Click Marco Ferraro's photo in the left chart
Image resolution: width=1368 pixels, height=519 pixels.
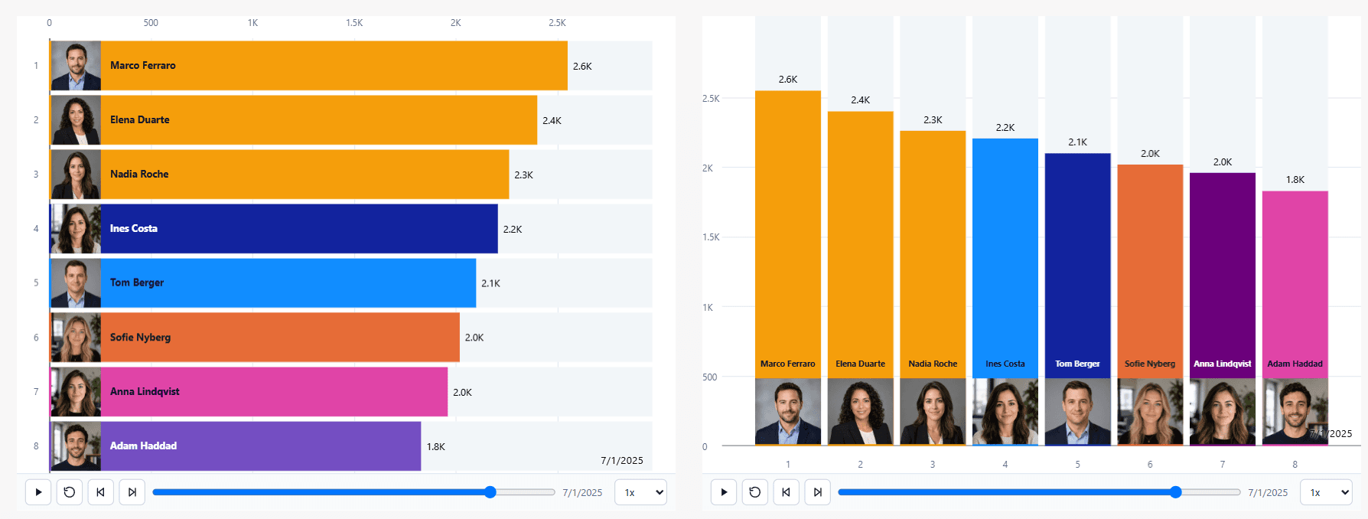(76, 66)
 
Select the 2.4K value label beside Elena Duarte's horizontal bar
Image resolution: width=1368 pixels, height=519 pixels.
(552, 121)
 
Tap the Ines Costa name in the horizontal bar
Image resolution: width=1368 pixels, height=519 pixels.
(134, 228)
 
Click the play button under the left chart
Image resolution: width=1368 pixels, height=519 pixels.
(38, 492)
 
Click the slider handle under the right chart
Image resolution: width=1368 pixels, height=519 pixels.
(1176, 492)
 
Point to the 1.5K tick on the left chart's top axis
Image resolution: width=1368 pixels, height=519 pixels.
(354, 23)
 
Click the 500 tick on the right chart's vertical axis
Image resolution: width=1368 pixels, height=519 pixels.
(710, 377)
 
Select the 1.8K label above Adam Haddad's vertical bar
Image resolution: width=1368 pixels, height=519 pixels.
(1295, 180)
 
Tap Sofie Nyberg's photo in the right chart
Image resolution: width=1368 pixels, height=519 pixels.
(1150, 412)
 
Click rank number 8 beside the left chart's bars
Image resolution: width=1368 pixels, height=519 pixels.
(36, 446)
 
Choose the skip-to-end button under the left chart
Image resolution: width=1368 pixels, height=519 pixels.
(132, 492)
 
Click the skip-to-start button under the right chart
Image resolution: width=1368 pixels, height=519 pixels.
(786, 492)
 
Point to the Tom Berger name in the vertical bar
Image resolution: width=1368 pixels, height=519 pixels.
(1077, 364)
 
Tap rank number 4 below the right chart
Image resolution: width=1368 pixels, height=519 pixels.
(1005, 465)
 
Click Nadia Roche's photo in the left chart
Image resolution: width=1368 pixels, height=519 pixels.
(76, 175)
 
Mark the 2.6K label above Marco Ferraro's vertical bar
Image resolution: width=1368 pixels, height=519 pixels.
(788, 80)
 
